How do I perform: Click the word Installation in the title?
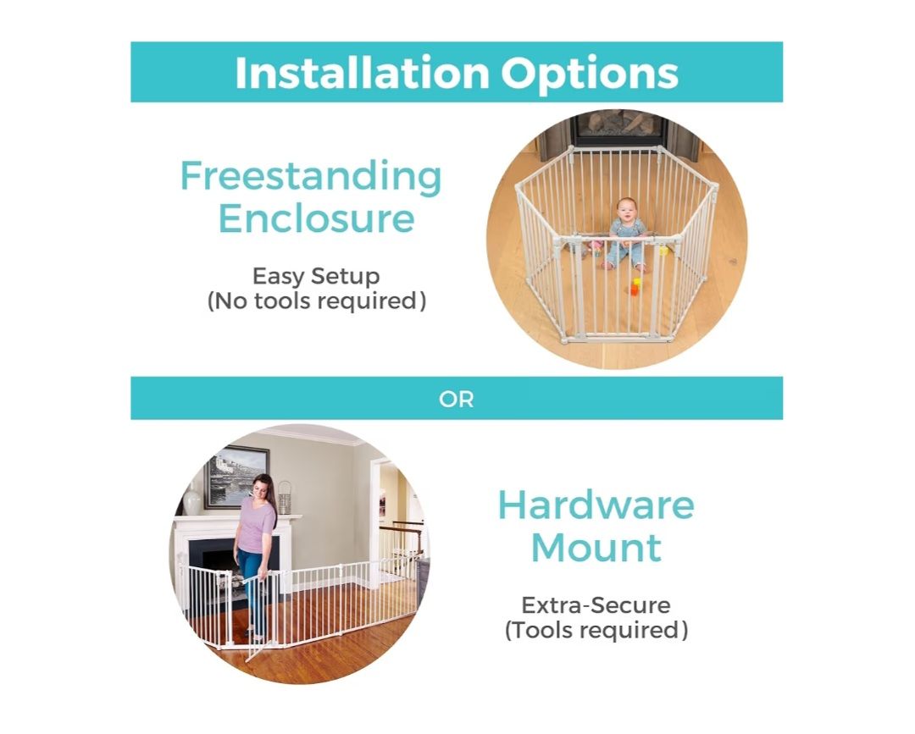362,73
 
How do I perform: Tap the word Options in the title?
590,75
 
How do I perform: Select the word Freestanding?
311,177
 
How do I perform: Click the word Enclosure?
316,218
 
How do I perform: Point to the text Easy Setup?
316,276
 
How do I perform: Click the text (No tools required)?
316,301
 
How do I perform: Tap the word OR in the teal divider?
457,400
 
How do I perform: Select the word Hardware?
596,505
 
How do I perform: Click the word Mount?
596,548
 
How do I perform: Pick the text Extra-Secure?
596,605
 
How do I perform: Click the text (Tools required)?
596,630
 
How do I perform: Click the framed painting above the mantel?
237,477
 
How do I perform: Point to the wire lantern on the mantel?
284,499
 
